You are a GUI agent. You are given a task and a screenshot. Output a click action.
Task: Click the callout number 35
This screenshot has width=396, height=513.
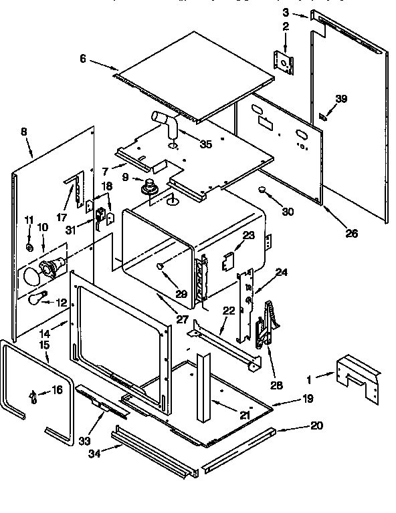205,143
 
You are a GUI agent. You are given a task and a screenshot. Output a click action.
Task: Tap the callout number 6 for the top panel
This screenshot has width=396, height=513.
83,59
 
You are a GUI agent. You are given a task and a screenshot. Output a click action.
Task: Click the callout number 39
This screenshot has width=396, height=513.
341,99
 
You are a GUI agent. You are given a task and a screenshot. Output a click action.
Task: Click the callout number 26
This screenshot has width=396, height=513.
351,233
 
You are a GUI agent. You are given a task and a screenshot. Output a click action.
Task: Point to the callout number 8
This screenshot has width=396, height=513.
24,132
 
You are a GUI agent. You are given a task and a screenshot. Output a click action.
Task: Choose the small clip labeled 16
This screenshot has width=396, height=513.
33,396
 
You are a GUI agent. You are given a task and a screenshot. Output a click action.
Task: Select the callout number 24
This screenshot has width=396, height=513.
282,272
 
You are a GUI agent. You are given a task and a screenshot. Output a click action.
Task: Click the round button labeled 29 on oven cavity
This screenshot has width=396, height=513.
161,267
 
